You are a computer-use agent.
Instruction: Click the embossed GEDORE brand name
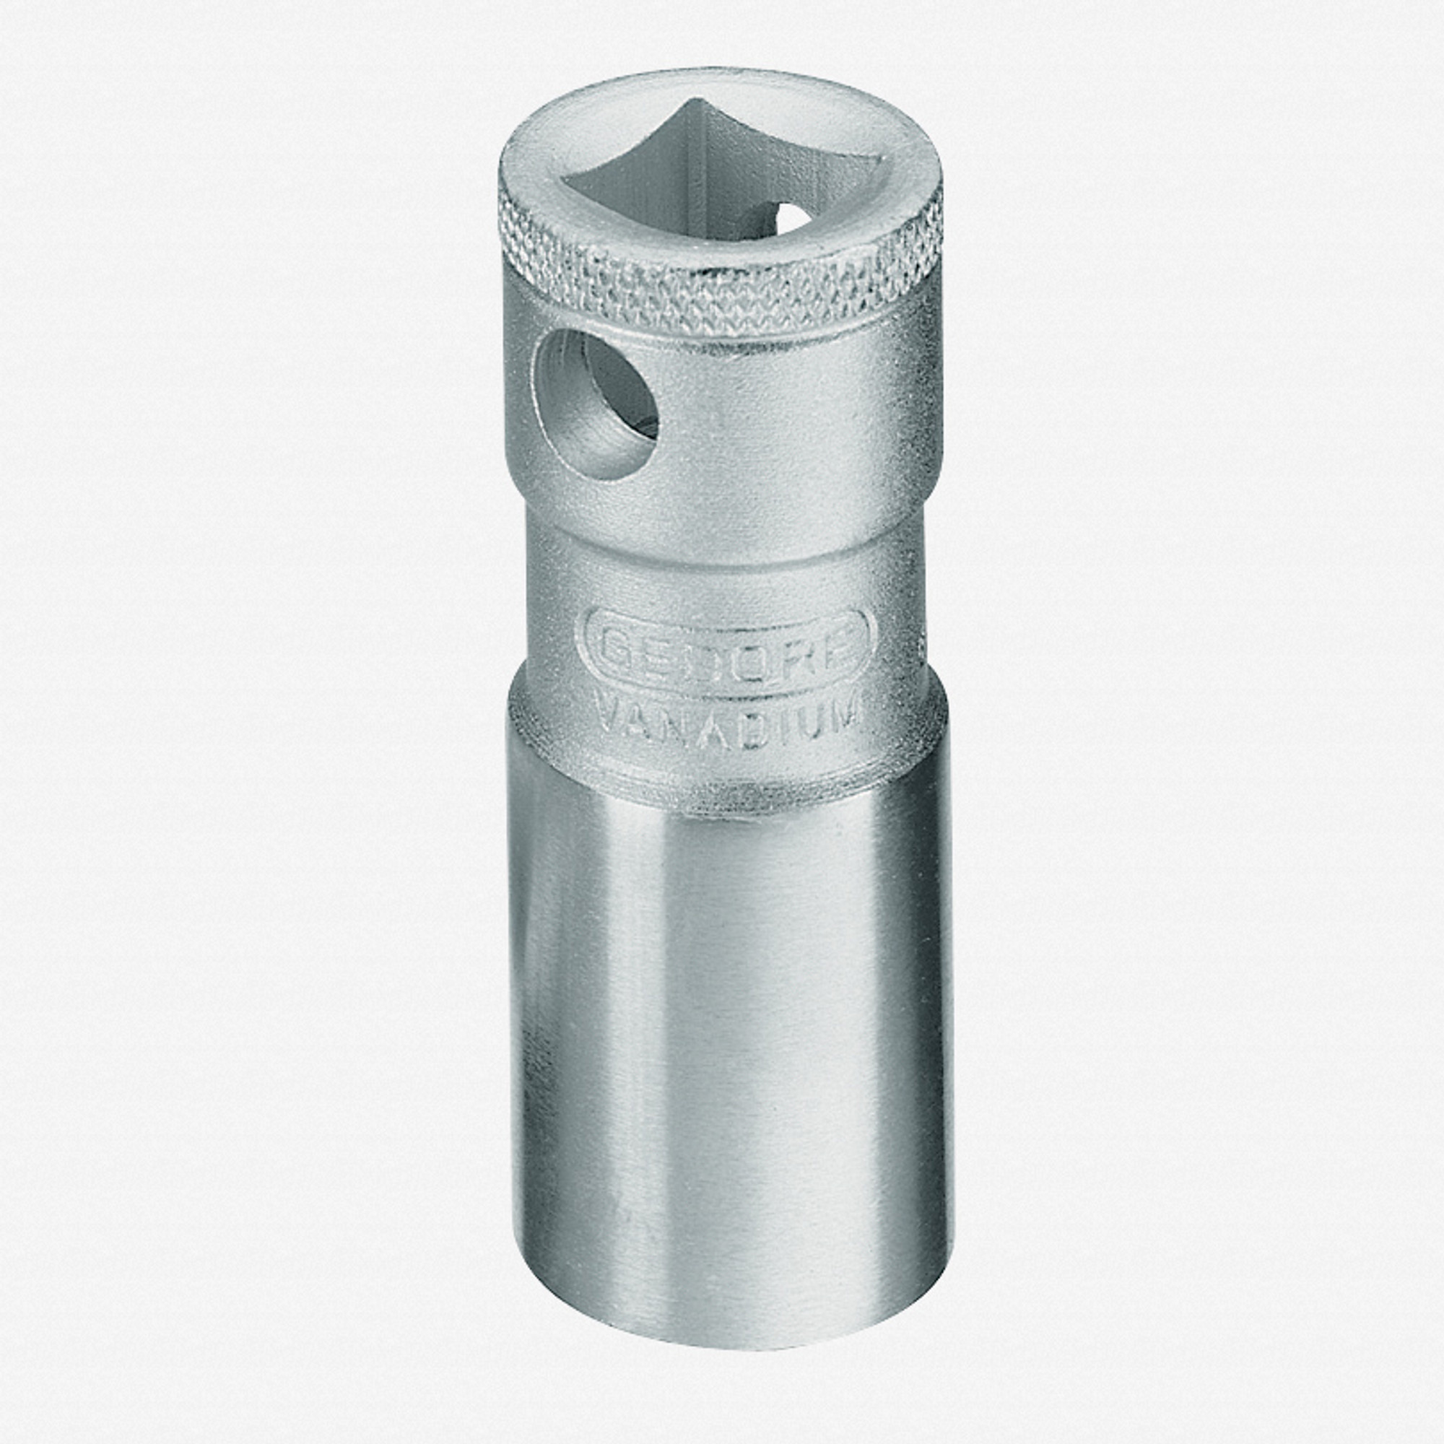coord(725,647)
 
